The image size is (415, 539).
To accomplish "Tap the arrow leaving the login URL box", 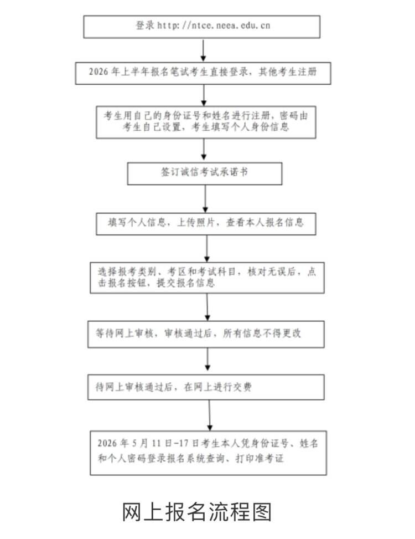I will click(203, 49).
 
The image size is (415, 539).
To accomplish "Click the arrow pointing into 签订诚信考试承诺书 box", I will click(205, 150).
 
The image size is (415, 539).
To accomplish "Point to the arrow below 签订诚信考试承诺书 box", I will click(206, 198).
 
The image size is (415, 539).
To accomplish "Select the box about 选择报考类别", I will click(206, 277).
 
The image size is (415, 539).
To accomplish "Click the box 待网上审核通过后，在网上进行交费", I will click(206, 387).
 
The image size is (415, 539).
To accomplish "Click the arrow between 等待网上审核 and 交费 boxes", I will click(207, 361).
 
